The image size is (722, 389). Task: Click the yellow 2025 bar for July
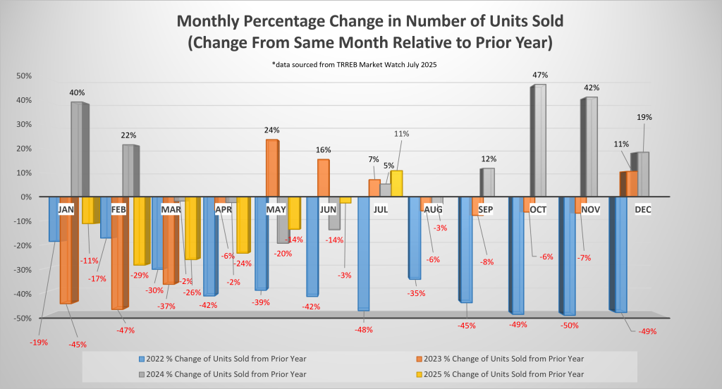point(396,183)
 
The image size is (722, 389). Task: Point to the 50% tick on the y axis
point(23,76)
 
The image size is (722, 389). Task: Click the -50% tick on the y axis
point(21,318)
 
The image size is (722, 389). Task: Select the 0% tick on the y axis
point(25,197)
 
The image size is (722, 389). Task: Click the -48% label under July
point(365,329)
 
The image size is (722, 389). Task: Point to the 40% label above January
point(78,92)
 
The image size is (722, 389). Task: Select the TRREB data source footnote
point(360,64)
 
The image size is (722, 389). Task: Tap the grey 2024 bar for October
point(539,141)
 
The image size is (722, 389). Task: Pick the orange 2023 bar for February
point(117,253)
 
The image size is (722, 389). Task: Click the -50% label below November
point(570,326)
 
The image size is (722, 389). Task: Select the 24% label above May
point(272,130)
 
